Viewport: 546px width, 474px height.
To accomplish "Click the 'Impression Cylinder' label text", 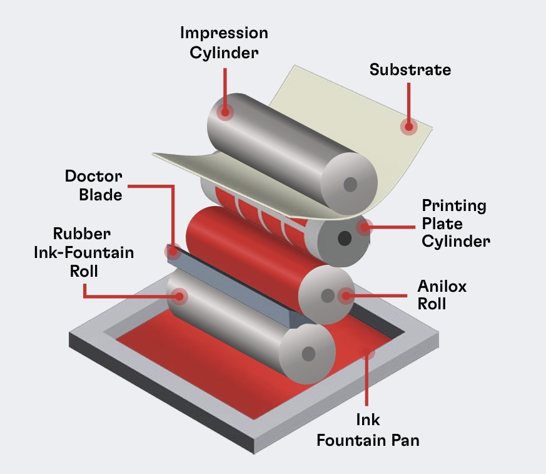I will tap(224, 43).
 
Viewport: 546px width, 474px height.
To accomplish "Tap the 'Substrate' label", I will tap(410, 70).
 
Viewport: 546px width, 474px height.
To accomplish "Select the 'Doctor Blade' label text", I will tap(94, 185).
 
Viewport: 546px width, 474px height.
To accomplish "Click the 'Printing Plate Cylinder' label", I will tap(455, 223).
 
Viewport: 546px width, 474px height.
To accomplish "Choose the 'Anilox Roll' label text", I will tap(442, 295).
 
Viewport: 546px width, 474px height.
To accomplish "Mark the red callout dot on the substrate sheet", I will tap(409, 127).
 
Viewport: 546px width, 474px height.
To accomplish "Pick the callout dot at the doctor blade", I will tap(172, 252).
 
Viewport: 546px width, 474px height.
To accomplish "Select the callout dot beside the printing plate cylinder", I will tap(364, 227).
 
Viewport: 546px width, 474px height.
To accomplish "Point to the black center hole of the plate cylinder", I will tap(345, 239).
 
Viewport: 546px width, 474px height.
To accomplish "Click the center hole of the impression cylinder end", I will tap(350, 185).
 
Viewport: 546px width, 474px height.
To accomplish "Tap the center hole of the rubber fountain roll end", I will tap(308, 354).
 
